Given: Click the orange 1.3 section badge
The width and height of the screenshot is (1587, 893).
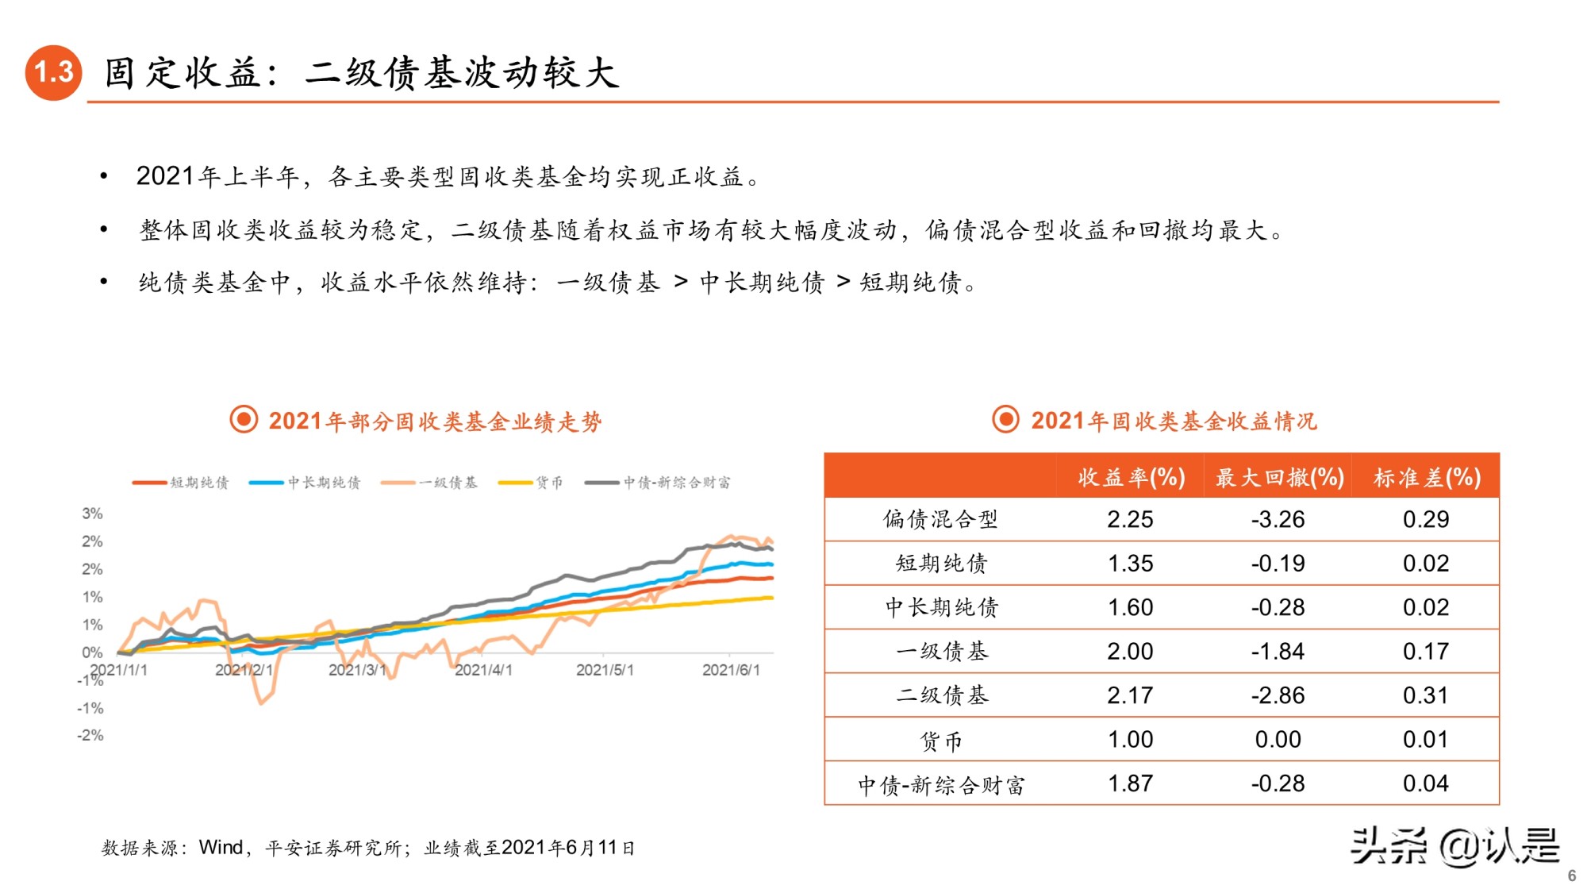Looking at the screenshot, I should pos(53,72).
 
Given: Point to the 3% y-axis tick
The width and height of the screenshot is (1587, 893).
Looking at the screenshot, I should pos(92,514).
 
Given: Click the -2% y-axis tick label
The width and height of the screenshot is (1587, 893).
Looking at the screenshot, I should pos(90,735).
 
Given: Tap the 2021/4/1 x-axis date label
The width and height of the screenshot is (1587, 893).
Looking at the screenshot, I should pos(483,670).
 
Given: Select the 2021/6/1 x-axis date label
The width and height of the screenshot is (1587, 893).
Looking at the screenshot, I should pos(731,670).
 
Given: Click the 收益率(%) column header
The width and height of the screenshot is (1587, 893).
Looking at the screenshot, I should pos(1131,477).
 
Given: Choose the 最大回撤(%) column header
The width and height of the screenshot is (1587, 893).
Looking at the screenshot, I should pos(1278,477).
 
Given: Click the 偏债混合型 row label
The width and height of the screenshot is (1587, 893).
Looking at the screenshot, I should pos(940,519).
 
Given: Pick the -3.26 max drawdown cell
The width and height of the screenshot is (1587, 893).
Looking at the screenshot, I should pos(1278,519).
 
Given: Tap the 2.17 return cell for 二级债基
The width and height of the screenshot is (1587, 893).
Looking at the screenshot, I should pos(1130,695).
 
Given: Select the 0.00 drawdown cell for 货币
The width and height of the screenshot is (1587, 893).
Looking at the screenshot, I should pos(1278,739).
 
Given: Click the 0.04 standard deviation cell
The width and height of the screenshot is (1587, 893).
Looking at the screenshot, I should pos(1425,783).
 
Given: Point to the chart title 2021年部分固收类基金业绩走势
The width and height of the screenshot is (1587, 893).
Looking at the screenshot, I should pos(434,421).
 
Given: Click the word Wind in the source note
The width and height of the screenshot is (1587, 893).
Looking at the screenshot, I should pos(221,847).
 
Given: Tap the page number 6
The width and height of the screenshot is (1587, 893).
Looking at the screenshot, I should pos(1571,876).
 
